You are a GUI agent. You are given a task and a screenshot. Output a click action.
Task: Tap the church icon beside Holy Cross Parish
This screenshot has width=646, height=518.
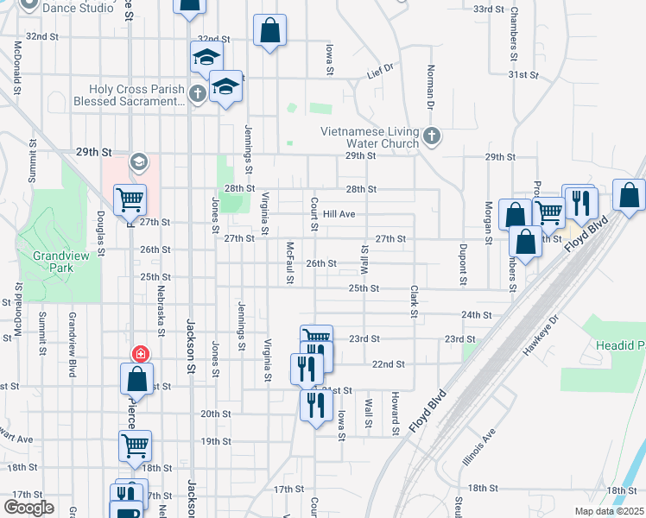pos(197,93)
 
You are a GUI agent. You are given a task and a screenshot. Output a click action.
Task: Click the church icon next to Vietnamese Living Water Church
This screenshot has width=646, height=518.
pos(431,136)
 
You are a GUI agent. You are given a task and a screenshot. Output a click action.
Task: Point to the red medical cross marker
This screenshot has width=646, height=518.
pos(139,354)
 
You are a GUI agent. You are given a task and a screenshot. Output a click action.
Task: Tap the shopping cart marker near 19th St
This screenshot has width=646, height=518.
pos(136,445)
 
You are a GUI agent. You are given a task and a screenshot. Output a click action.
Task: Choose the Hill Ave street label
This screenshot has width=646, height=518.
pos(339,213)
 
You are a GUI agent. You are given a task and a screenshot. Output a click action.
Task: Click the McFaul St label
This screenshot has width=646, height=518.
pos(290,262)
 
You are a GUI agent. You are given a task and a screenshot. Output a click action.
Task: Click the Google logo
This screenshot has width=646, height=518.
pos(28,507)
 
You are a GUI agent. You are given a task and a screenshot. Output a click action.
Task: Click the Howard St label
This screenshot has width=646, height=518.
pos(395,414)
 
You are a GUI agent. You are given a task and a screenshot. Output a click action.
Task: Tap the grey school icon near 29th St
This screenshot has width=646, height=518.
pos(139,161)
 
